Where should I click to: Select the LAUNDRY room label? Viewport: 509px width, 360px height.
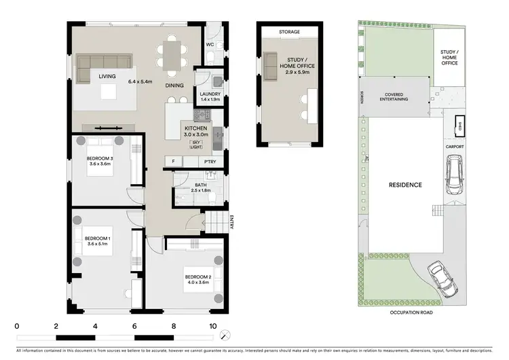(x=208, y=94)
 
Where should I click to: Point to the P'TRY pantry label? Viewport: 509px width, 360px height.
(x=210, y=162)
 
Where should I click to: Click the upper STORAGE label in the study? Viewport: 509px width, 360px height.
(x=289, y=32)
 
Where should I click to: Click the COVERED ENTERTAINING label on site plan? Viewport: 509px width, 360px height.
(x=396, y=96)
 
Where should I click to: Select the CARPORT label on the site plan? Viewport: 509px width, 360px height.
(x=455, y=146)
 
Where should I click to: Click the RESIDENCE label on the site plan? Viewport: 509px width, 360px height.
(x=404, y=185)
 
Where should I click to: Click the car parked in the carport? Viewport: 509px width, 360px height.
(x=453, y=174)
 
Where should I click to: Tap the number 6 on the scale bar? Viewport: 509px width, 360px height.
(x=135, y=326)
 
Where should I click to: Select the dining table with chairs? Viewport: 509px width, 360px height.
(x=172, y=56)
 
